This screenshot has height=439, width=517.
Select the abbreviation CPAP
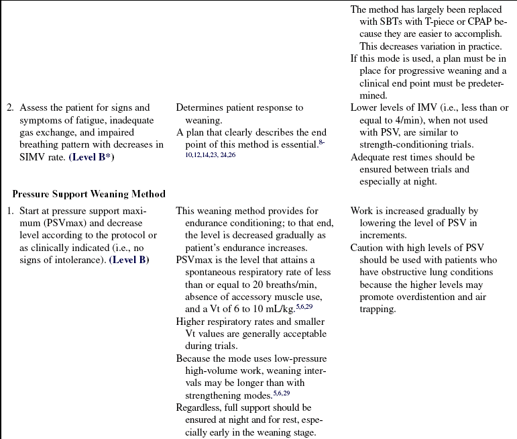pos(478,21)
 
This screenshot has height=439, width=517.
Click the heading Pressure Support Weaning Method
pos(89,195)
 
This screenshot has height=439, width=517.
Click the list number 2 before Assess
pos(10,108)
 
